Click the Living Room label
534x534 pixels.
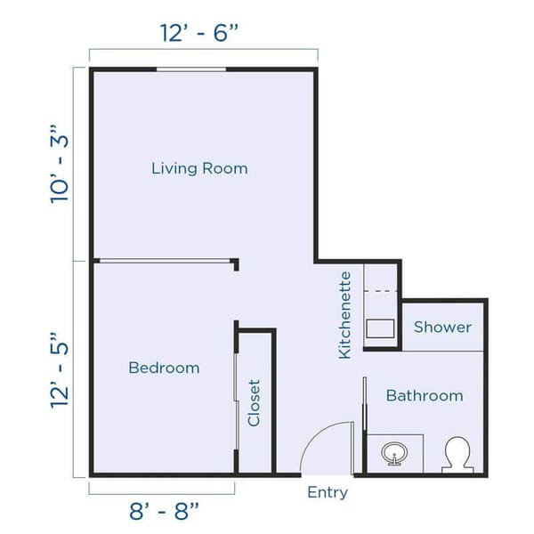click(x=199, y=167)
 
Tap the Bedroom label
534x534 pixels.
click(x=164, y=368)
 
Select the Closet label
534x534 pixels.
click(x=255, y=402)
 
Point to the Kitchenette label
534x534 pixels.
click(x=345, y=316)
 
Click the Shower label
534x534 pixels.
click(x=442, y=327)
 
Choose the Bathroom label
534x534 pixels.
click(x=424, y=395)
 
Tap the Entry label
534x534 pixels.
click(x=328, y=492)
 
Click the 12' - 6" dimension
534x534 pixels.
click(x=200, y=33)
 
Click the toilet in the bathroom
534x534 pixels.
click(x=457, y=454)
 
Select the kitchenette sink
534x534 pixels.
click(x=382, y=328)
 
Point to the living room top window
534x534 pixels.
click(x=191, y=69)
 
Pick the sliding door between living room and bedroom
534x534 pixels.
click(x=163, y=261)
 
